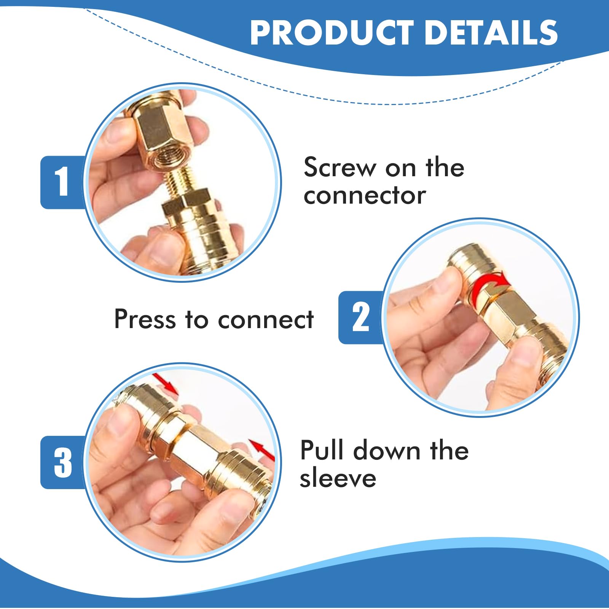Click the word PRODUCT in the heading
coord(332,33)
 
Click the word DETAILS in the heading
coord(491,33)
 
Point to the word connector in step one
coord(365,196)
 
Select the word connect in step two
coord(266,319)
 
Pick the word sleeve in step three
coord(338,478)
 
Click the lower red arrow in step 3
coord(263,449)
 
